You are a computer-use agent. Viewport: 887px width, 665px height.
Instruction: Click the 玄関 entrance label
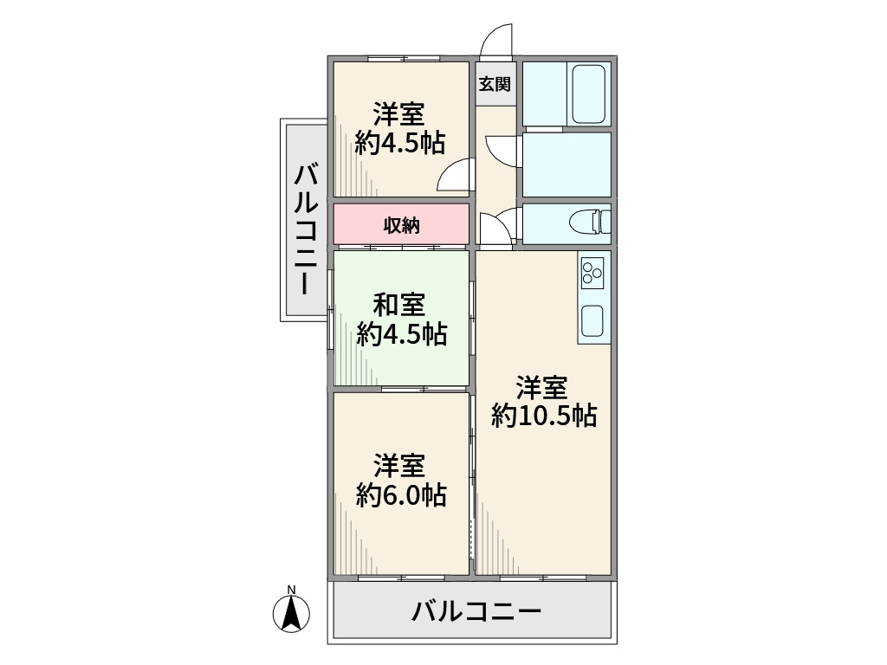click(495, 84)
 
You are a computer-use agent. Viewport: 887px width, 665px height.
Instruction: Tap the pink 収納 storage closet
click(402, 225)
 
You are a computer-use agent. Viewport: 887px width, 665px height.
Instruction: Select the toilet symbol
click(589, 223)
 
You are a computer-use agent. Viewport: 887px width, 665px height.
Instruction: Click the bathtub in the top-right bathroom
click(589, 94)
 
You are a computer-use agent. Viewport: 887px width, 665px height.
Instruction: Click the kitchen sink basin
click(593, 321)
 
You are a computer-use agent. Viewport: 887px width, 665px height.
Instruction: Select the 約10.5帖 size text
click(543, 416)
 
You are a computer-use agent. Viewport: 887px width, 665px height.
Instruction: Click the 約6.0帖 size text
click(401, 495)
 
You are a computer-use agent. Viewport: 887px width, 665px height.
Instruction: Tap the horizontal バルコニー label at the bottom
click(476, 612)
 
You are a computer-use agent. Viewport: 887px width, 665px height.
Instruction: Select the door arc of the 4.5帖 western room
click(454, 177)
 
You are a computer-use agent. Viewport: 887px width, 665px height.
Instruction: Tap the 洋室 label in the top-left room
click(398, 113)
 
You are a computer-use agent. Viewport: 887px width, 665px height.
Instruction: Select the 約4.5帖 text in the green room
click(401, 334)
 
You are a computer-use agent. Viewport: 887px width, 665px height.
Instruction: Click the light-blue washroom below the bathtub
click(567, 164)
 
